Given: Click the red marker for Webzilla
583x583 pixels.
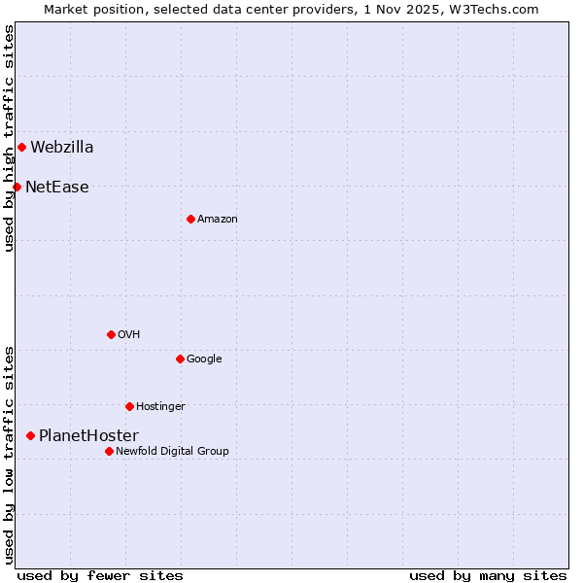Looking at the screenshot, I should (21, 148).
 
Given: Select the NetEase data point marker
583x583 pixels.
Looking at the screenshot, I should (17, 187).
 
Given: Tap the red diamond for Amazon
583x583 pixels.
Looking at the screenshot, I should (190, 219).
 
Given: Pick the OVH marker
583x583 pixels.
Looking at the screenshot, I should (111, 334).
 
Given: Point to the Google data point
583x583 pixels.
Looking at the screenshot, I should (180, 359).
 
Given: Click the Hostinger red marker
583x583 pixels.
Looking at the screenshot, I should (129, 406).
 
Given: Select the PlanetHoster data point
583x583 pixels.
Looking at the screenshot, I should (30, 436).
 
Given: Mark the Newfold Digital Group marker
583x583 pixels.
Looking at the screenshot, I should (109, 451).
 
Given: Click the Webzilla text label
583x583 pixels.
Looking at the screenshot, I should (62, 148).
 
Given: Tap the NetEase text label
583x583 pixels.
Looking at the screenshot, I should (57, 188).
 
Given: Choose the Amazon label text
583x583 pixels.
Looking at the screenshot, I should (218, 220).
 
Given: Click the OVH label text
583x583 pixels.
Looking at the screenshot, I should (129, 335).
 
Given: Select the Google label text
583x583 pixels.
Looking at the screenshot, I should (204, 360).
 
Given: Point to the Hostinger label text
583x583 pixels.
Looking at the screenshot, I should (160, 407).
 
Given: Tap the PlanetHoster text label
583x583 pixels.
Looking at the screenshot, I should (88, 436).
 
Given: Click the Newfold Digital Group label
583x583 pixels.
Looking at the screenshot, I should (172, 452).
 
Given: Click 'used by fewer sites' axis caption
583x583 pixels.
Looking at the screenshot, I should (100, 576).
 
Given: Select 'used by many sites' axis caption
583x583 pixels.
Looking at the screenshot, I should (488, 576).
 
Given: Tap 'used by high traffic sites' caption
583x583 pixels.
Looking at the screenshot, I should (9, 138).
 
